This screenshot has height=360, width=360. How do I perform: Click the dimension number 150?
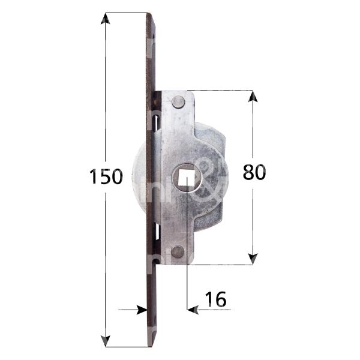coord(106,177)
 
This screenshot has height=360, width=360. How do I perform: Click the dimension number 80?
coord(254,172)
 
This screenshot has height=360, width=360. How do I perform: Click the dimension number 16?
coord(215,299)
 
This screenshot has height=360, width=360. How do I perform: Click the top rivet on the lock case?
coord(178,103)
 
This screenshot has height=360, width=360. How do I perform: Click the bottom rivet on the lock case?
coord(178,253)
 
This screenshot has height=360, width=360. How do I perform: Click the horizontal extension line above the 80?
coord(222,91)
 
